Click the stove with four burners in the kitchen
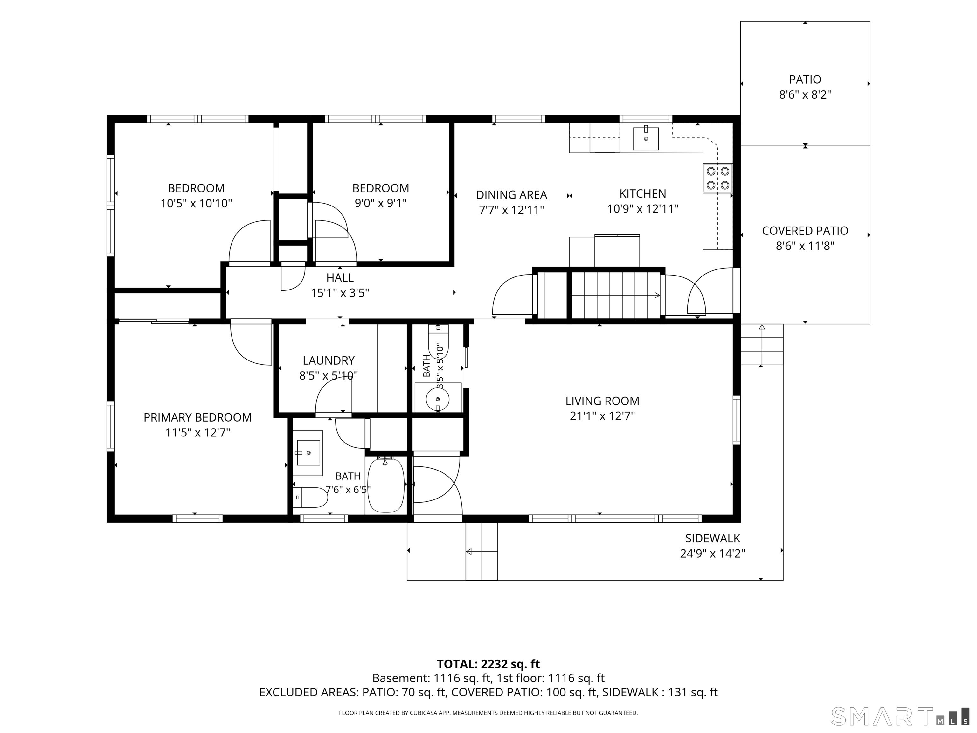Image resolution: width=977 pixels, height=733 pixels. [x=718, y=178]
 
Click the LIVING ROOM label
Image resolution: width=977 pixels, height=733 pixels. [x=602, y=401]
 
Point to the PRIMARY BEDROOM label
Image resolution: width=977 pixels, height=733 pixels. [x=197, y=417]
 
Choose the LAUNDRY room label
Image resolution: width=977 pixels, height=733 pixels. [x=329, y=360]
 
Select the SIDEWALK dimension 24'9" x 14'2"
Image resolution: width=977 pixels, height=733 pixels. [x=712, y=553]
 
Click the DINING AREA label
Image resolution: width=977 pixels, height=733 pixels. [x=511, y=195]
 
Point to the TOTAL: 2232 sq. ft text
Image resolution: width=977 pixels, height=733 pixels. [x=488, y=664]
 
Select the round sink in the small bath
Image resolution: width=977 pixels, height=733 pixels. [x=438, y=399]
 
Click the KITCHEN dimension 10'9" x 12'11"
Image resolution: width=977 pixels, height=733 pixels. [x=643, y=209]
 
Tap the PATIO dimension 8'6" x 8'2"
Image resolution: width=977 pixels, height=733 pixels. [x=805, y=94]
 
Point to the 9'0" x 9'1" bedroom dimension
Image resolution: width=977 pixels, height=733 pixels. [x=381, y=203]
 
